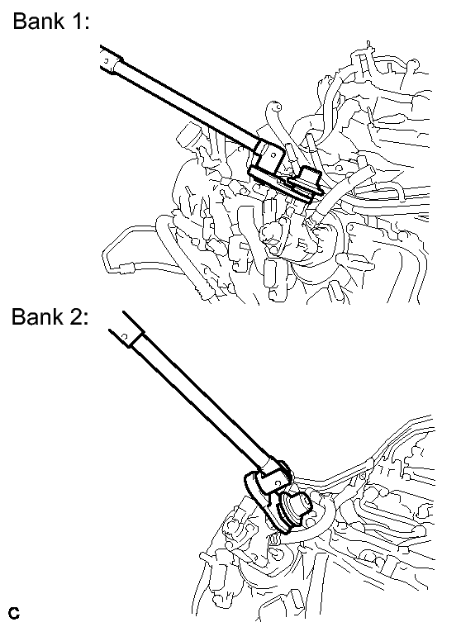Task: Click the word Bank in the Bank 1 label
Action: [x=38, y=21]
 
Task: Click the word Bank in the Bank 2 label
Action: [x=37, y=316]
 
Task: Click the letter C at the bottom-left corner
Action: [x=13, y=613]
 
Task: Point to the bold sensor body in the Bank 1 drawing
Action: [x=305, y=183]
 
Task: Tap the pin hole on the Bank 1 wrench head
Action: [x=274, y=154]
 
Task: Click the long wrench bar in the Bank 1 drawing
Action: [x=188, y=105]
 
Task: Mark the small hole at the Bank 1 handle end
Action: [x=107, y=61]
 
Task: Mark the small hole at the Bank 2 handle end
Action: [x=125, y=337]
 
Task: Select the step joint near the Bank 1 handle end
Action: [x=116, y=67]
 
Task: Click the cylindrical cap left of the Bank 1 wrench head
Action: [x=188, y=135]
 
